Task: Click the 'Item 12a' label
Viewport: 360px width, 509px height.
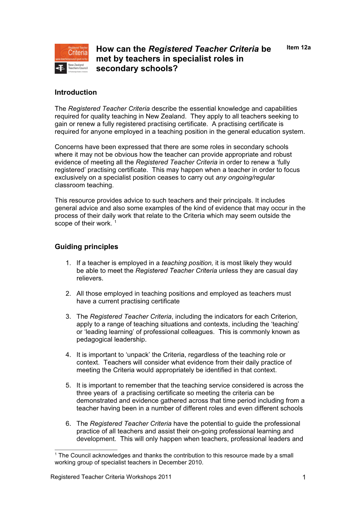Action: [298, 48]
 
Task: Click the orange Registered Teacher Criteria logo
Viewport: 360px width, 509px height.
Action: [71, 53]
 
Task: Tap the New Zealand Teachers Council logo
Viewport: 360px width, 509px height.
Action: [71, 68]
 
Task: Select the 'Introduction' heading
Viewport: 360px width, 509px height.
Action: [76, 92]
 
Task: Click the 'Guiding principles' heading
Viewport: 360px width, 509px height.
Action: [86, 247]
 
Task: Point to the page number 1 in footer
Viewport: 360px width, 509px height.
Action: [304, 477]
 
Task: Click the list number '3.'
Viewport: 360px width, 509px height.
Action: [68, 316]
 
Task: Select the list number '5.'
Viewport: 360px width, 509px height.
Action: [68, 385]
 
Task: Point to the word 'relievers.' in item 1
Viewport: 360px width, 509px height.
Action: [90, 278]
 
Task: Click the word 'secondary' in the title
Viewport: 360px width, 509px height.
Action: [114, 68]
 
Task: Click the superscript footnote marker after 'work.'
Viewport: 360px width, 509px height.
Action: [115, 222]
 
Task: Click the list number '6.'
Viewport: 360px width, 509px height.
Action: [68, 423]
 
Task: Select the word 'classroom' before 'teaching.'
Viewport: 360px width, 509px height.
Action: [70, 185]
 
